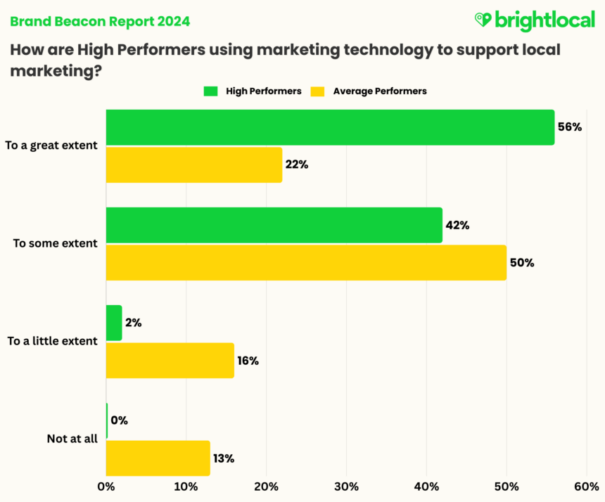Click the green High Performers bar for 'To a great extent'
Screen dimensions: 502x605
tap(330, 127)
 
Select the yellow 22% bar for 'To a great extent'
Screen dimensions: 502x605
tap(194, 165)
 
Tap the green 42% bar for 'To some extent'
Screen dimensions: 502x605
tap(274, 225)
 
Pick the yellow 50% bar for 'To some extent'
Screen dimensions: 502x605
tap(306, 262)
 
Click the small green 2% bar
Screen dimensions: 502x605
tap(114, 323)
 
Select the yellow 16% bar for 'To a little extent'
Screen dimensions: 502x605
tap(170, 360)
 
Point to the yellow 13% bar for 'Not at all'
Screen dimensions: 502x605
tap(158, 458)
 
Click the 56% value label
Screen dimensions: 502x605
tap(570, 127)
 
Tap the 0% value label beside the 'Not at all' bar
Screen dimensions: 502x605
tap(119, 420)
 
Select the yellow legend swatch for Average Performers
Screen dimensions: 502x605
tap(317, 91)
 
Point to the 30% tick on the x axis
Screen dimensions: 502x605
tap(347, 487)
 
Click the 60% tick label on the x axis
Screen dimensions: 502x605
tap(587, 487)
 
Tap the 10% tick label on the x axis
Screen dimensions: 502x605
tap(186, 487)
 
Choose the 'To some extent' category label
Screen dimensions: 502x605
tap(56, 243)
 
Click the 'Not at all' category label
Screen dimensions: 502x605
tap(72, 439)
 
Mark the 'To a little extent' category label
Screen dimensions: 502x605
tap(52, 341)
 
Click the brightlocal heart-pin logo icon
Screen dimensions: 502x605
tap(483, 20)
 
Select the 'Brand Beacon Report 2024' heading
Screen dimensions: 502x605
tap(99, 21)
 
